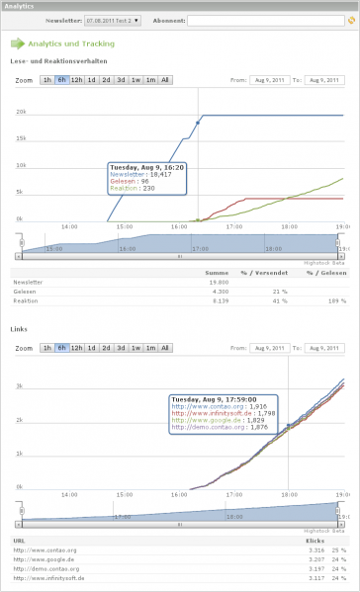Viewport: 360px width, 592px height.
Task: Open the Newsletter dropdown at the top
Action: pos(113,19)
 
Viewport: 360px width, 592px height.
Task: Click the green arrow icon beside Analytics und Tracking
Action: pos(17,43)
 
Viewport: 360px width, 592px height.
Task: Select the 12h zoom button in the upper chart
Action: pos(76,79)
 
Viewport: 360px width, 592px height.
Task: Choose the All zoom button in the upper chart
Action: pos(164,79)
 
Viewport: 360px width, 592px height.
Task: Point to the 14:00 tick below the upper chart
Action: pos(69,226)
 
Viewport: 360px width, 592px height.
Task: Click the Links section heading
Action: pos(19,329)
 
